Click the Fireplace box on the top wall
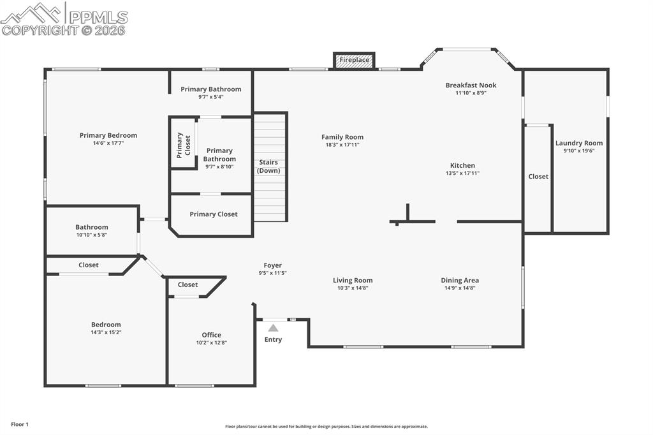[354, 60]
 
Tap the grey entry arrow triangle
[273, 328]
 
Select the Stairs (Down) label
[268, 166]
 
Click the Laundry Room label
[578, 144]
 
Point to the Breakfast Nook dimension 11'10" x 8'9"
[471, 93]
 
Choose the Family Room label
[342, 137]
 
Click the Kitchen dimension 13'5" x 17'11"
[462, 173]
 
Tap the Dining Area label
[460, 280]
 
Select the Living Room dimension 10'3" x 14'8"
[353, 288]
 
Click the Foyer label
[273, 265]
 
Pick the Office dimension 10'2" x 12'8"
[212, 343]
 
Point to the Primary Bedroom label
[108, 135]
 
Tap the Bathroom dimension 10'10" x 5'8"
[92, 235]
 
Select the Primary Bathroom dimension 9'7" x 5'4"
[211, 98]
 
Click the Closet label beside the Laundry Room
[538, 177]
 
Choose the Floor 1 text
[19, 424]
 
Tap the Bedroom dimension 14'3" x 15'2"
[106, 332]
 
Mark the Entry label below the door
[273, 339]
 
